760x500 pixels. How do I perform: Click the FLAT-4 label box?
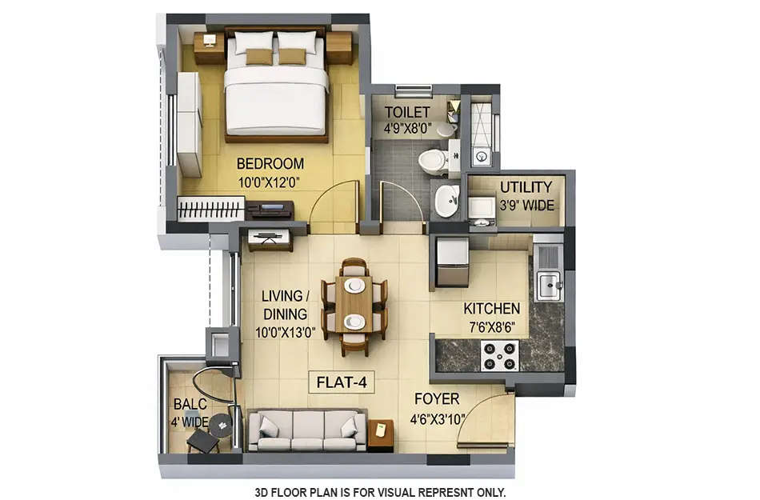click(342, 382)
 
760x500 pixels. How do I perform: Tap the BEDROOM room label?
click(270, 164)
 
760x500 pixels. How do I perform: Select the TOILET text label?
click(406, 111)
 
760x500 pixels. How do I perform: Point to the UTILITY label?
click(526, 187)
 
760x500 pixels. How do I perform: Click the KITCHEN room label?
click(492, 309)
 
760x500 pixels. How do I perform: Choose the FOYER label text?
click(436, 399)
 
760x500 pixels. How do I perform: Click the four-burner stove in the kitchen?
click(499, 355)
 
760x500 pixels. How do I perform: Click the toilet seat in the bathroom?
click(434, 161)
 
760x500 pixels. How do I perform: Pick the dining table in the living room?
click(354, 303)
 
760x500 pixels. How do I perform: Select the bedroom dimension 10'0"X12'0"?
click(269, 182)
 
